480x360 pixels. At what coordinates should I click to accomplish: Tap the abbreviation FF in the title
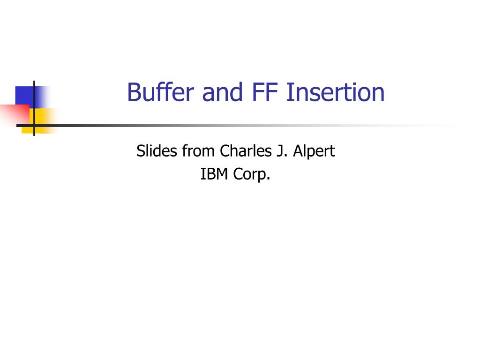click(266, 92)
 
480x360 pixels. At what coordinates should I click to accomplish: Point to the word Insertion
click(335, 92)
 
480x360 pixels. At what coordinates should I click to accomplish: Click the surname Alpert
click(314, 152)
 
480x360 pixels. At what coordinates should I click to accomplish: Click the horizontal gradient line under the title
click(234, 126)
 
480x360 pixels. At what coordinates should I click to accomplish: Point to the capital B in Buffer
click(134, 92)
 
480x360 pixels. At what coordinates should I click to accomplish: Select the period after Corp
click(269, 179)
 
